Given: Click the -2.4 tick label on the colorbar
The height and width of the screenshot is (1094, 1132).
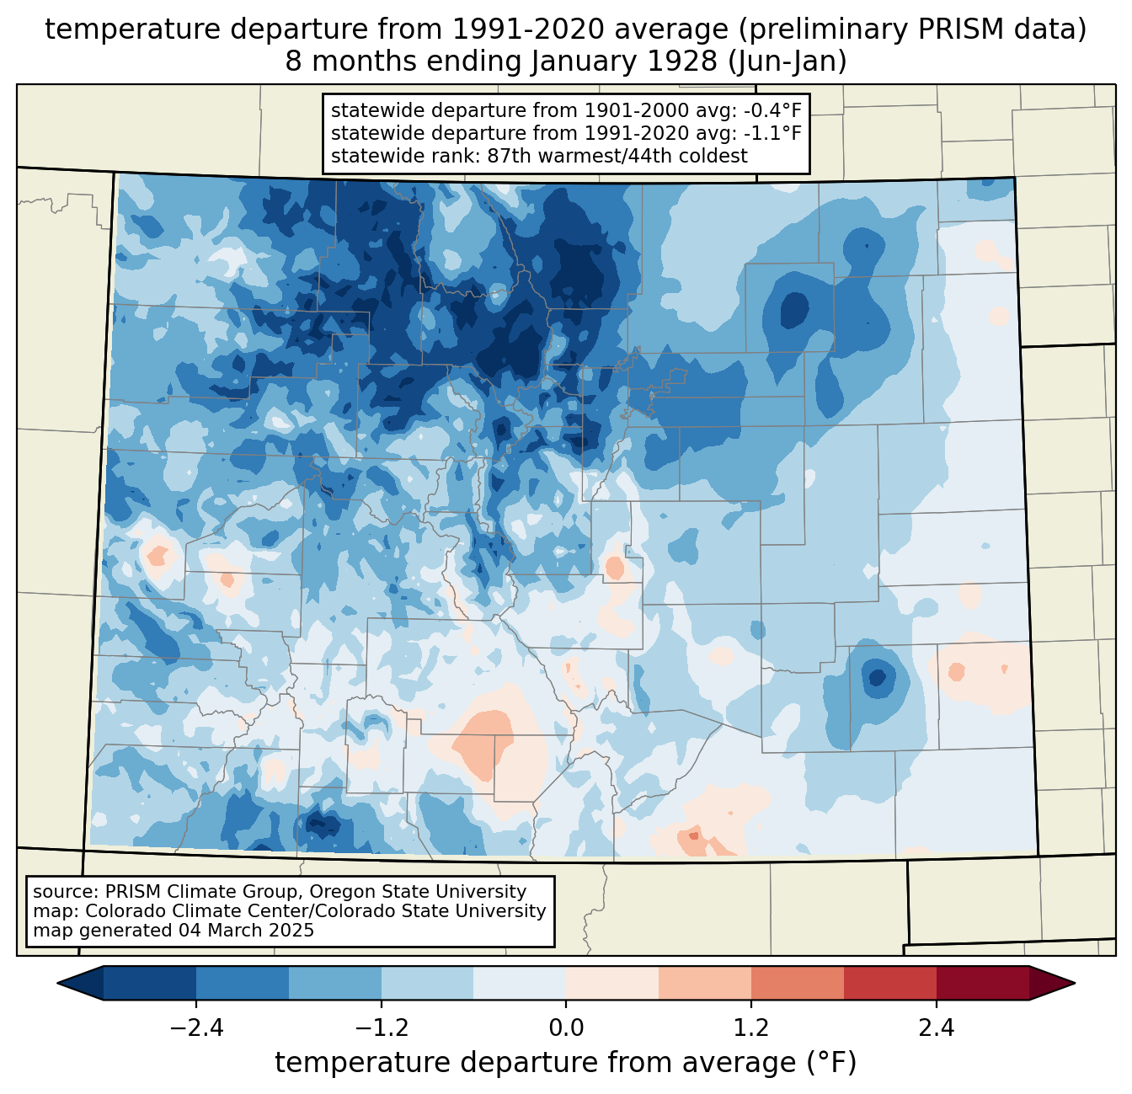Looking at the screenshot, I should tap(196, 1028).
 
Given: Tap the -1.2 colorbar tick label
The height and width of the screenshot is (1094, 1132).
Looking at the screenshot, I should tap(381, 1028).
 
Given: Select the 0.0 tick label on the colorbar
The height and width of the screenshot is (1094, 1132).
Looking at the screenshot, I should tap(566, 1028).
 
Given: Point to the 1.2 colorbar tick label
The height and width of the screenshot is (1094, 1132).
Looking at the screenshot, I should tap(751, 1028).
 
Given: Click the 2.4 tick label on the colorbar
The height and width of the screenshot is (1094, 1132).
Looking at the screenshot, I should tap(937, 1028).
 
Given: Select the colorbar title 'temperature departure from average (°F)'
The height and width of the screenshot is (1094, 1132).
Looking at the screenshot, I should tap(566, 1063).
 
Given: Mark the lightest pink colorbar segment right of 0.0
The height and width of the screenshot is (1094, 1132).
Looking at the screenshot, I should tap(612, 983).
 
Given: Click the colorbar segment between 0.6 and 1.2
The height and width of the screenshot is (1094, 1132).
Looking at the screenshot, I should tap(705, 983).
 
